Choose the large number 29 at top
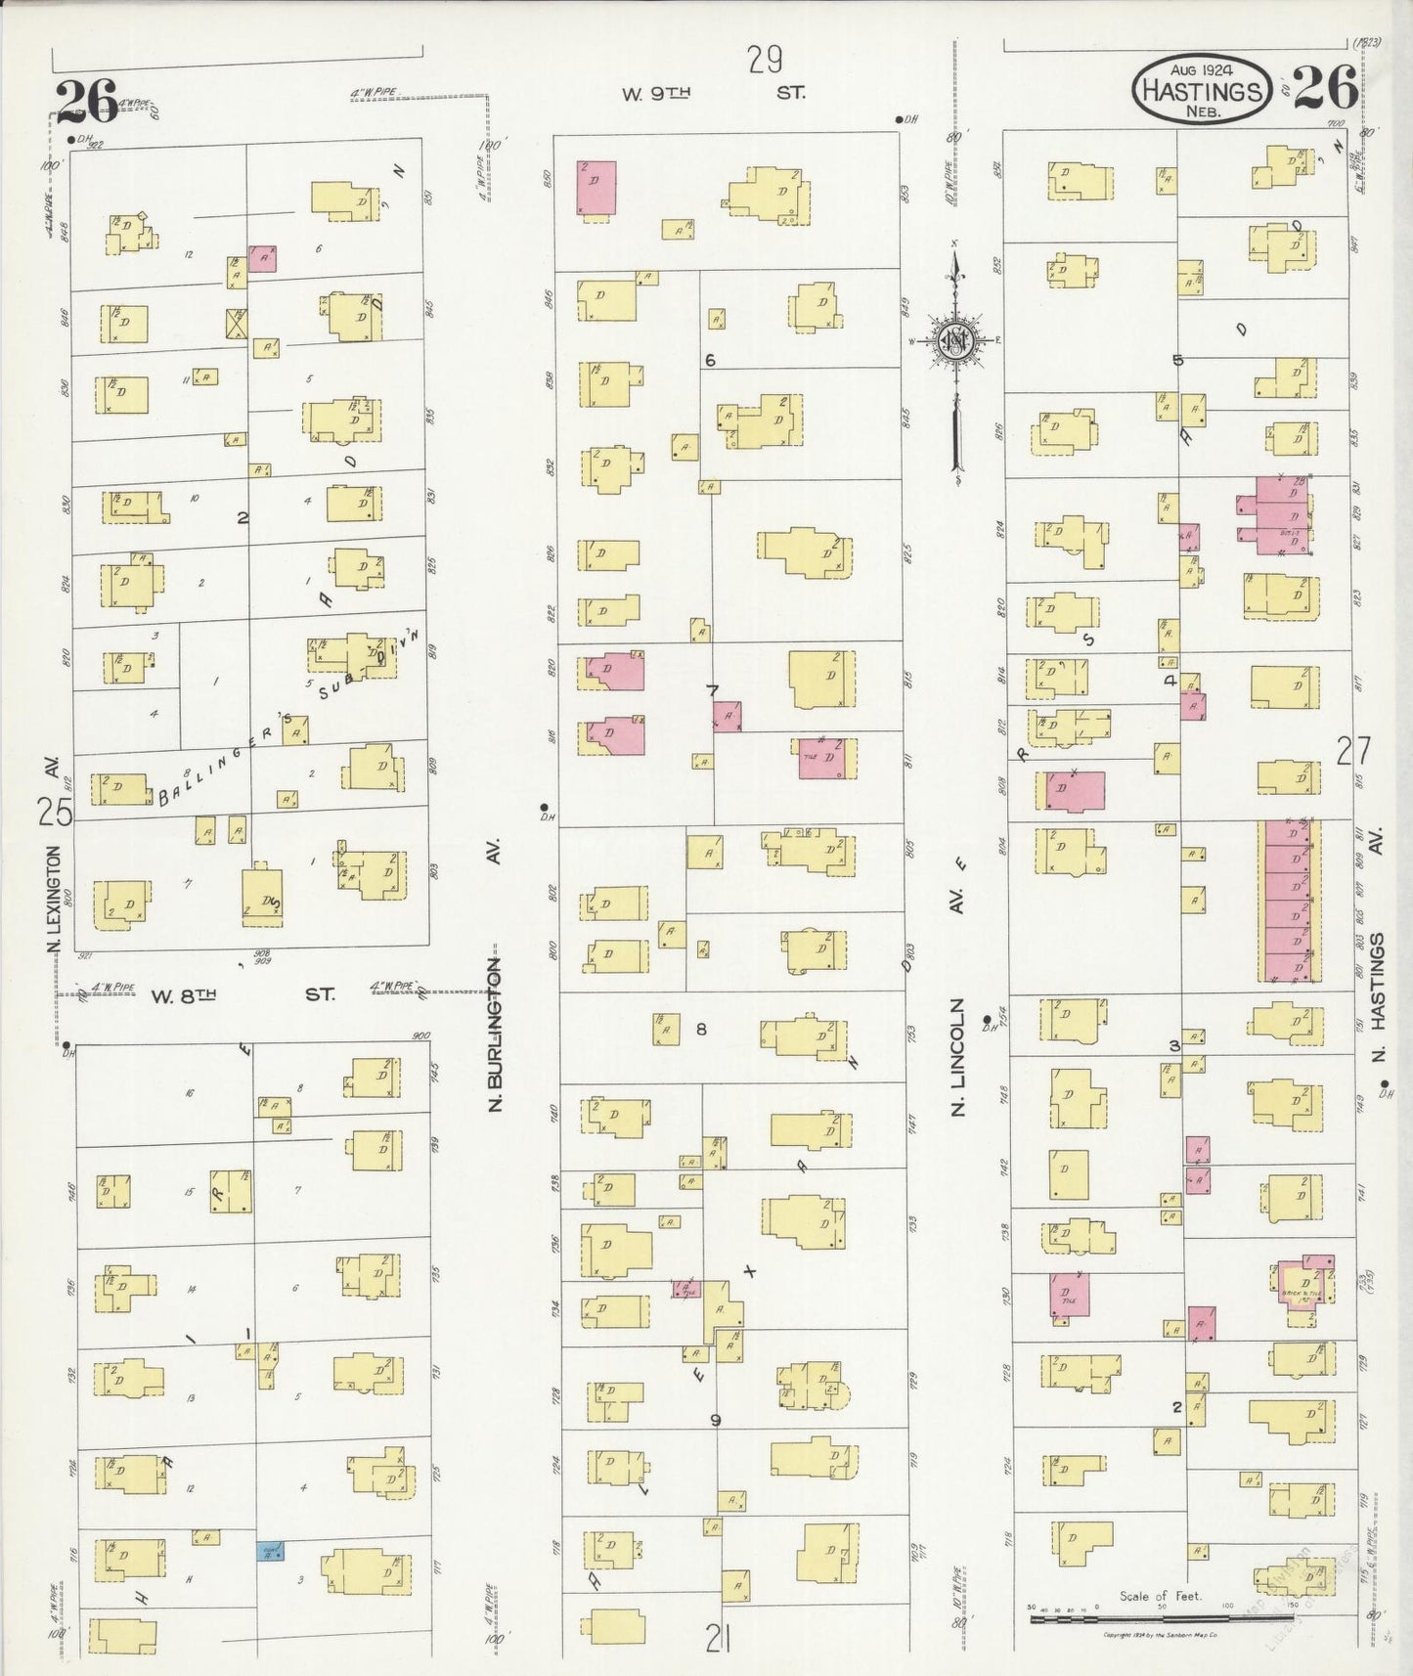pos(765,61)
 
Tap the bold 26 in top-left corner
pos(86,102)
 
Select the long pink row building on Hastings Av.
pos(1289,901)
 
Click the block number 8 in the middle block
pos(701,1029)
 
